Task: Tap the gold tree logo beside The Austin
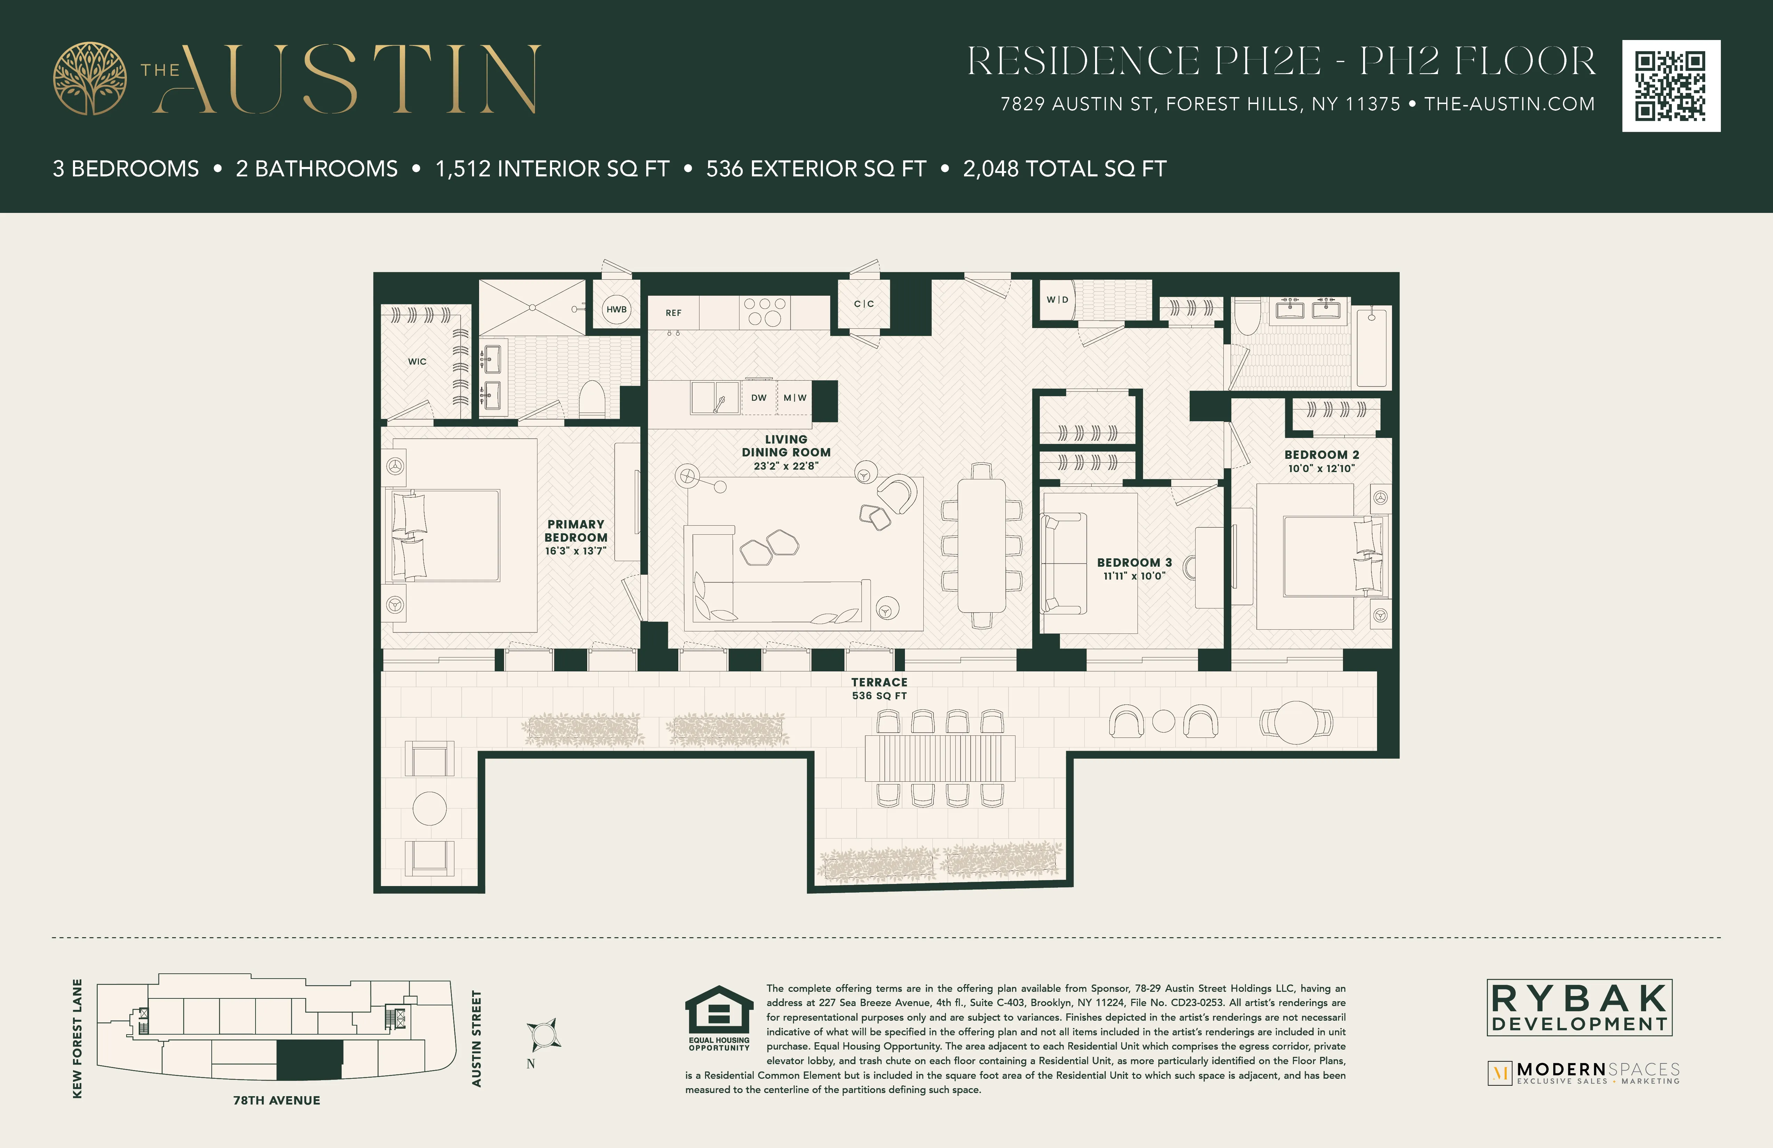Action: point(89,78)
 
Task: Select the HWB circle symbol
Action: point(616,309)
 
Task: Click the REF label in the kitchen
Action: point(673,313)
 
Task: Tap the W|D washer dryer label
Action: point(1057,300)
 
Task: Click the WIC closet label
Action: point(417,361)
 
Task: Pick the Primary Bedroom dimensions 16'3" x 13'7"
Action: point(576,551)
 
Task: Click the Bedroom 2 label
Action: point(1321,455)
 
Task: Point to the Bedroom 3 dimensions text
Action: point(1134,576)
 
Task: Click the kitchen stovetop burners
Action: point(764,312)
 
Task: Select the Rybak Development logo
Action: point(1579,1008)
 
